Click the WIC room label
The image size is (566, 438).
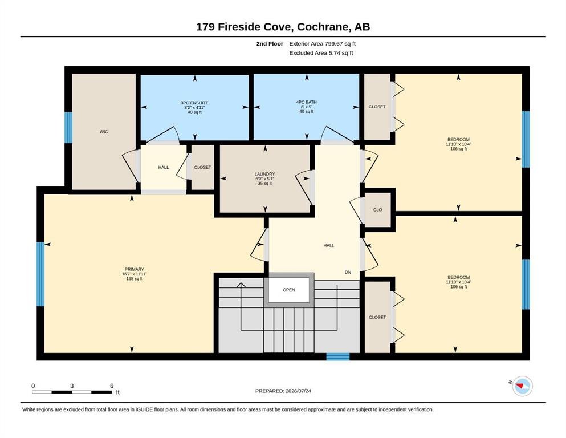(x=104, y=132)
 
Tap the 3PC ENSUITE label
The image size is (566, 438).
(x=194, y=103)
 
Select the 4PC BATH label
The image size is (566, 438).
(x=306, y=102)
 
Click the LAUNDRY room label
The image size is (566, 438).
(x=264, y=174)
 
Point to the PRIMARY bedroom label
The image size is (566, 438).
(x=135, y=269)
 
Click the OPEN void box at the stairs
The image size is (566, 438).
(x=289, y=290)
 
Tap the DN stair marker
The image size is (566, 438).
(x=348, y=272)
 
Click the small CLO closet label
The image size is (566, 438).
(x=377, y=210)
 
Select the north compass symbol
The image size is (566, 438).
(x=522, y=386)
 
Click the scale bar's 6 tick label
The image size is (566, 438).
(x=112, y=386)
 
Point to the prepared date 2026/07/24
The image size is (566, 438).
(x=298, y=391)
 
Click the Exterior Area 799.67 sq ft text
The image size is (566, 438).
(x=323, y=44)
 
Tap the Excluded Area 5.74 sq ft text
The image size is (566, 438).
(x=321, y=52)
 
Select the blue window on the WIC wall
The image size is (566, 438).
(x=68, y=127)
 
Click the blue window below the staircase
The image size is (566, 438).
(x=338, y=357)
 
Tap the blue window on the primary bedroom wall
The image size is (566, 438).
(x=40, y=274)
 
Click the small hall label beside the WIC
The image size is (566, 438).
(x=164, y=167)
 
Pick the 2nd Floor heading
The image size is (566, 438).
(x=270, y=44)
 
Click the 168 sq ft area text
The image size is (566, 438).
(x=135, y=279)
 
